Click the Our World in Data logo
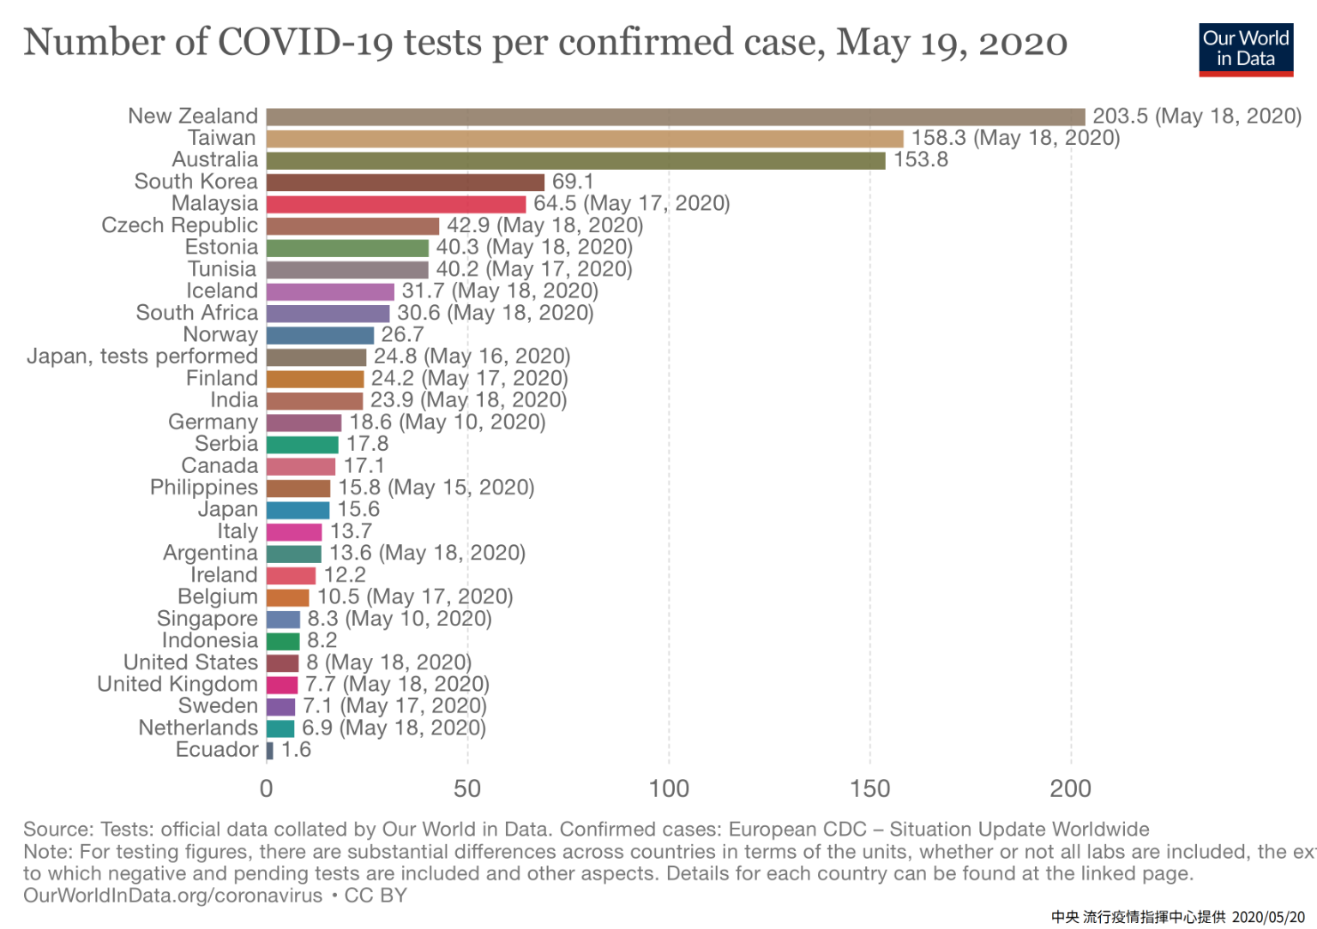1245,49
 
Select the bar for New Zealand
675,117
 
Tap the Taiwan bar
584,139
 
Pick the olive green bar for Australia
575,160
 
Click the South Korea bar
405,183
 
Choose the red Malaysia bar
395,204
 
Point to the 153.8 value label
920,160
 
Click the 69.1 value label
573,182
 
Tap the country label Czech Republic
179,225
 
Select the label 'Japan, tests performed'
141,357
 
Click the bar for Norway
320,335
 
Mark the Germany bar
304,423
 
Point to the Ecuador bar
270,751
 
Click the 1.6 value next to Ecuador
296,751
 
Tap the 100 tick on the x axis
669,789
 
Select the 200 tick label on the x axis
1070,789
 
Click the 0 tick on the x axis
267,789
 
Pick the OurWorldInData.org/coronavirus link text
172,896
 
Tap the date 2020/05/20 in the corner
1268,918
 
